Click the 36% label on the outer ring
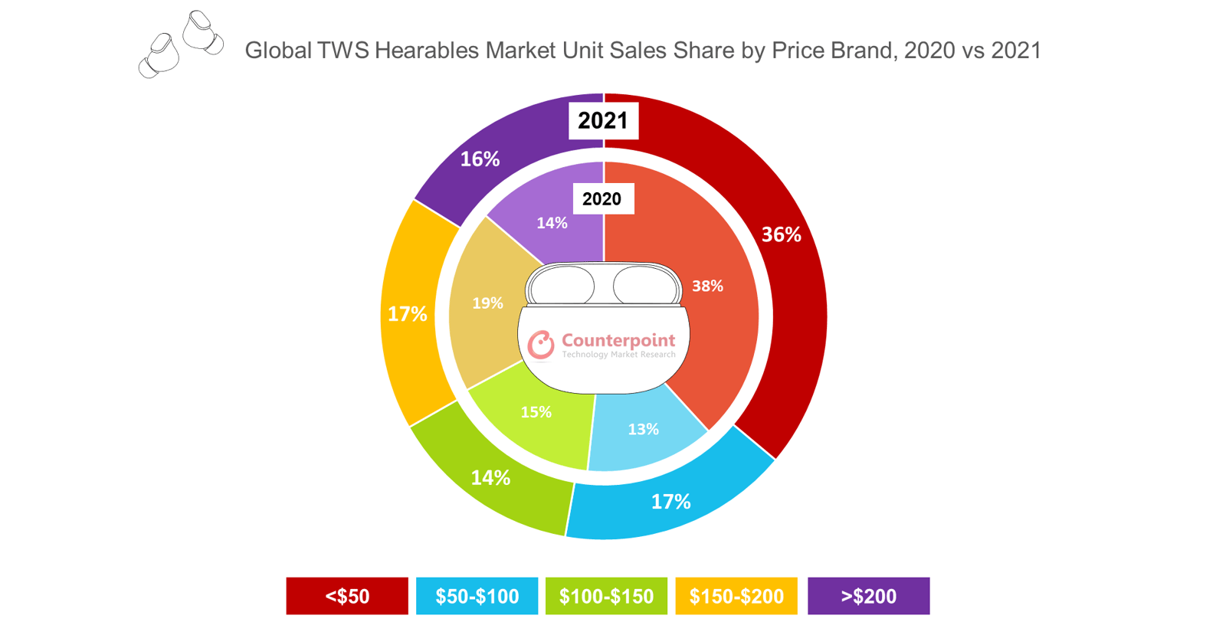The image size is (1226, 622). coord(781,234)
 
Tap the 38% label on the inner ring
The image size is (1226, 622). coord(707,286)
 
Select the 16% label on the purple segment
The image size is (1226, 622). coord(480,159)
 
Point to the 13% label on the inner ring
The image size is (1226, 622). coord(643,429)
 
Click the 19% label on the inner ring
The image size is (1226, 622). coord(487,303)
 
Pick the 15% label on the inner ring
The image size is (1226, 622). coord(536,412)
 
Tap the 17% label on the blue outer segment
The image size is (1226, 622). coord(670,502)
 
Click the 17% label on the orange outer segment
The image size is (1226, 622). coord(407,314)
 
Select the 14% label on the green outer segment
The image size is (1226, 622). coord(490,478)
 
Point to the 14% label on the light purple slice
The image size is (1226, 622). coord(552,223)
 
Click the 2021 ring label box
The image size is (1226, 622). coord(603,120)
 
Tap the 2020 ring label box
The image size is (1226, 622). coord(602,199)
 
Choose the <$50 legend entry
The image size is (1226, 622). coord(347,596)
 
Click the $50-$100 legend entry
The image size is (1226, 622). coord(477,596)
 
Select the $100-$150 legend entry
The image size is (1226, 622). coord(606,596)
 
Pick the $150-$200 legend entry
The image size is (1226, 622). coord(736,596)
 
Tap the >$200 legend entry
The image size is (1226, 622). coord(868,596)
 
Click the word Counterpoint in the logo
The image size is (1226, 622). coord(618,340)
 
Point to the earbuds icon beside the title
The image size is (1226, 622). coord(181,44)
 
